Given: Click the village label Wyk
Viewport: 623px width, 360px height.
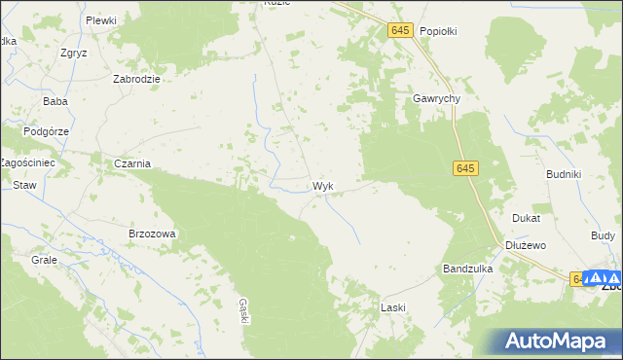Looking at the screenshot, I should point(325,185).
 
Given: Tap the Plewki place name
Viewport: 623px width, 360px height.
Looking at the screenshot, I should point(100,20).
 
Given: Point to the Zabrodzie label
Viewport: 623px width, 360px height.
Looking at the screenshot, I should point(136,80).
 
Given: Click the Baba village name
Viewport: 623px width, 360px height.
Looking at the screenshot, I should point(54,101).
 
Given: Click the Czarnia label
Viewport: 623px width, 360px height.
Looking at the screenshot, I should point(131,163).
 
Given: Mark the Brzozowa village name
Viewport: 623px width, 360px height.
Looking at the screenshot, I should point(152,234).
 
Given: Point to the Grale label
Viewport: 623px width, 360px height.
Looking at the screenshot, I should point(44,261).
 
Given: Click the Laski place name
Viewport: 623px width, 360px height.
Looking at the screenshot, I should point(392,307).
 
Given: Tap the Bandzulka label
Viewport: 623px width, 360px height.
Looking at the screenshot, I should point(467,269).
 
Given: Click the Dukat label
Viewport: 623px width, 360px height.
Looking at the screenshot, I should point(527,219).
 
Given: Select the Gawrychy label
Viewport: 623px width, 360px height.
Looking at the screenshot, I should point(435,98).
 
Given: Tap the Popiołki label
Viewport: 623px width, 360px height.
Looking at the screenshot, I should point(438,31).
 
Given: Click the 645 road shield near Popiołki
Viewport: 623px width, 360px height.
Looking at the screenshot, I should point(400,31).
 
